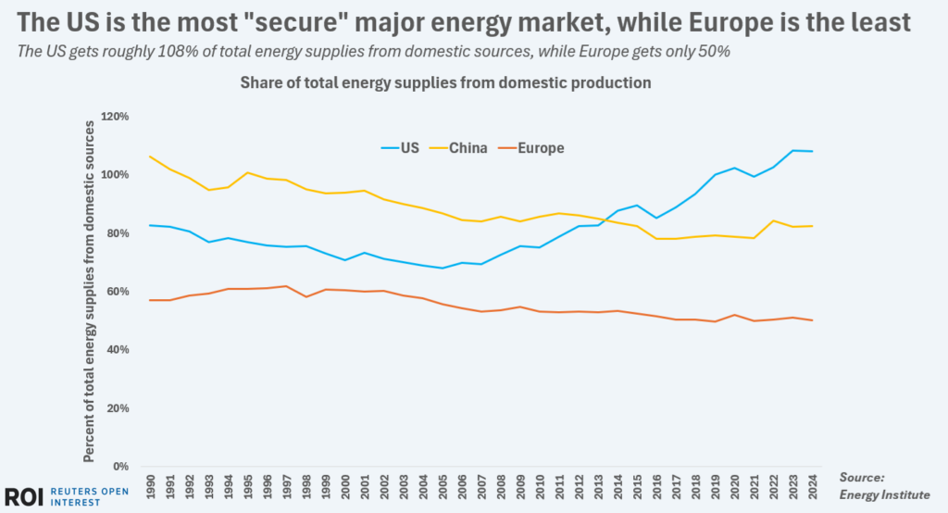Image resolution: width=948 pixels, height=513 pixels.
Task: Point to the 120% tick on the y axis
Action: tap(118, 117)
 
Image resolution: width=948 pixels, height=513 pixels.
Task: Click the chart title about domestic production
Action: tap(445, 82)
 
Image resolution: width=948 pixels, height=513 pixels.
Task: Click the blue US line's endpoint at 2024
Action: tap(813, 151)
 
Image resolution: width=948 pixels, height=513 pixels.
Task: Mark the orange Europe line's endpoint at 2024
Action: tap(813, 320)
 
